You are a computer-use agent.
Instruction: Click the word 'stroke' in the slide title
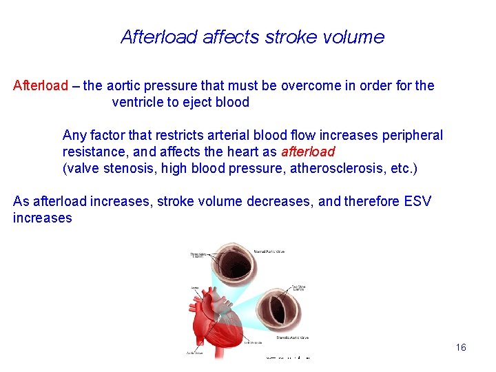(288, 37)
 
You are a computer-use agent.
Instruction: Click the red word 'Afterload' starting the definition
(41, 86)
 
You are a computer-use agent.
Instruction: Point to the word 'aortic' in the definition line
(127, 86)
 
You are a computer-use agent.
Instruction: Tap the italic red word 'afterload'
(307, 152)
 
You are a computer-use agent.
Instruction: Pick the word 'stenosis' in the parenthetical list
(127, 168)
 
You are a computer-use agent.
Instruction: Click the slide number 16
(461, 347)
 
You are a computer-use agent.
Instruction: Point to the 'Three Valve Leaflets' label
(198, 255)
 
